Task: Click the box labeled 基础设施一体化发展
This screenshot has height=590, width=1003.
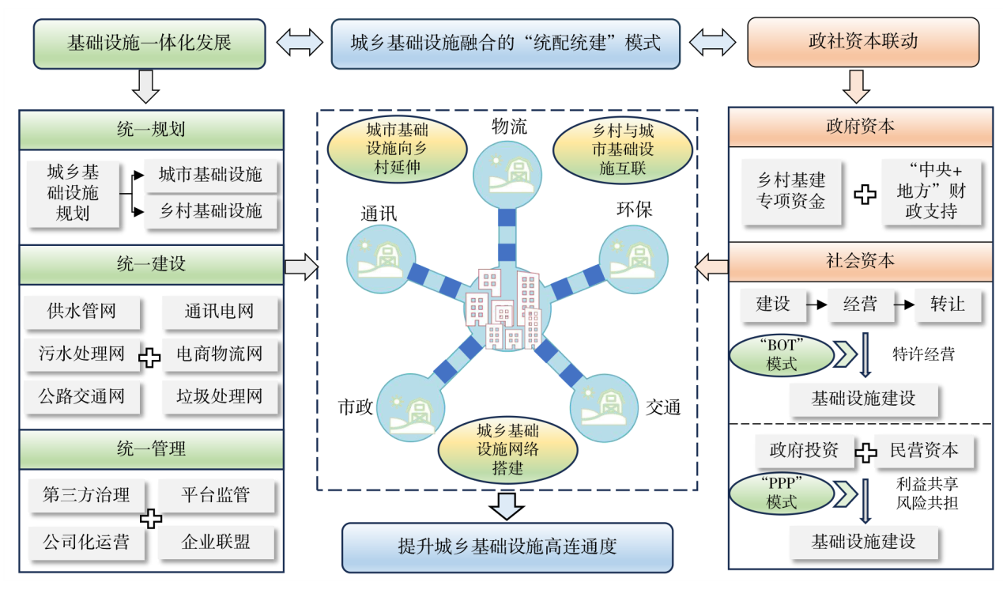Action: (x=149, y=42)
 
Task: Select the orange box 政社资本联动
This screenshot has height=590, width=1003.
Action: (x=863, y=42)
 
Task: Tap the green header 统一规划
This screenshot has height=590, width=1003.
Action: (x=151, y=130)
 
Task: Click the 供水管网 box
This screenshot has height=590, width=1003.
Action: (x=82, y=311)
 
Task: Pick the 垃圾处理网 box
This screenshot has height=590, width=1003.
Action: (x=219, y=396)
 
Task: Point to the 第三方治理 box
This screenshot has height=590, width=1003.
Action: (x=86, y=495)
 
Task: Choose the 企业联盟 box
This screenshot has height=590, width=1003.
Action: (x=216, y=542)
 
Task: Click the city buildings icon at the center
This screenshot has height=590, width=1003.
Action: (x=506, y=310)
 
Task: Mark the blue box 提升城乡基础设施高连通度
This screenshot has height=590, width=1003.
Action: (x=507, y=547)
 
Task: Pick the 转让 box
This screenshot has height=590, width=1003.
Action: (x=948, y=304)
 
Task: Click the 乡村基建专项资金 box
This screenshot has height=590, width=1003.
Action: (x=791, y=192)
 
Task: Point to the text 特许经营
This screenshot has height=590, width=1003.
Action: (x=923, y=354)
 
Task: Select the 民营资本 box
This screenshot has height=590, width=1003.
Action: (x=924, y=451)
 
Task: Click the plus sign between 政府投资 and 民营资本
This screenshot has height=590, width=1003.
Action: (x=866, y=452)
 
